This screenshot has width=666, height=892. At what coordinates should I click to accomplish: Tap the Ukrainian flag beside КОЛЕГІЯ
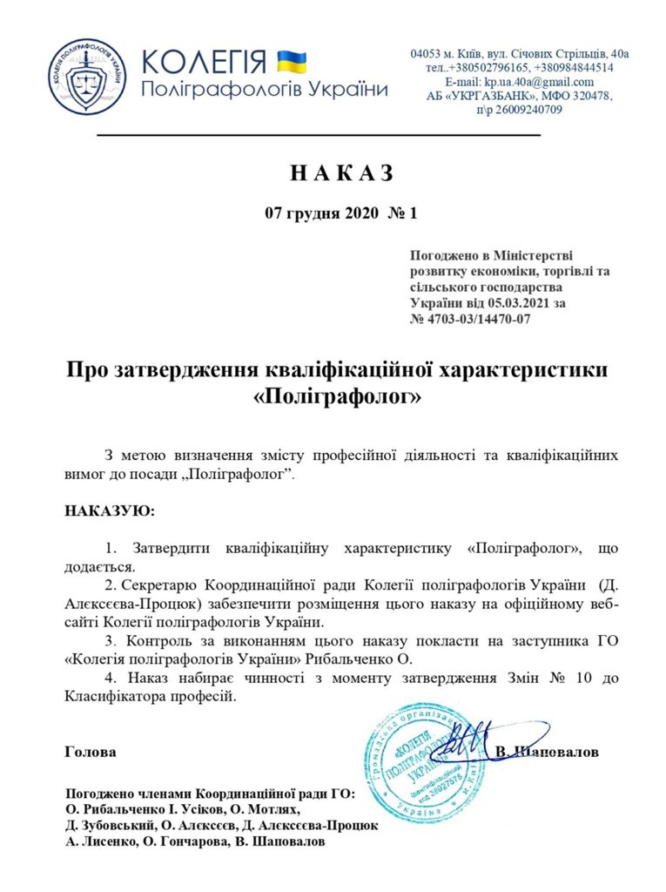tap(292, 60)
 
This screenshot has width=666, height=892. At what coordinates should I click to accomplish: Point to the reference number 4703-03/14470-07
tap(478, 319)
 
